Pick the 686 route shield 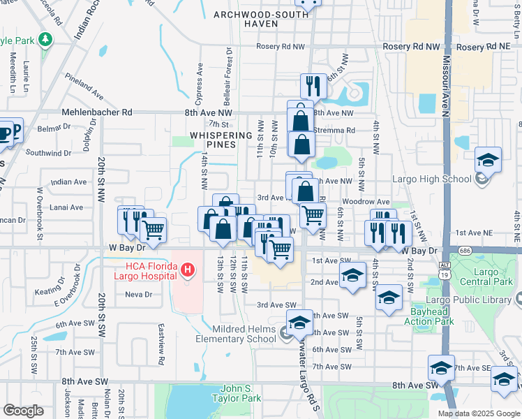[x=465, y=250]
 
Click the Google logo [x=24, y=411]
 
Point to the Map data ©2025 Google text [x=478, y=413]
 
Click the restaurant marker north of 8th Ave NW [x=313, y=87]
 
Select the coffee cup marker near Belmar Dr [x=5, y=133]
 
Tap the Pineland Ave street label [x=84, y=80]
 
